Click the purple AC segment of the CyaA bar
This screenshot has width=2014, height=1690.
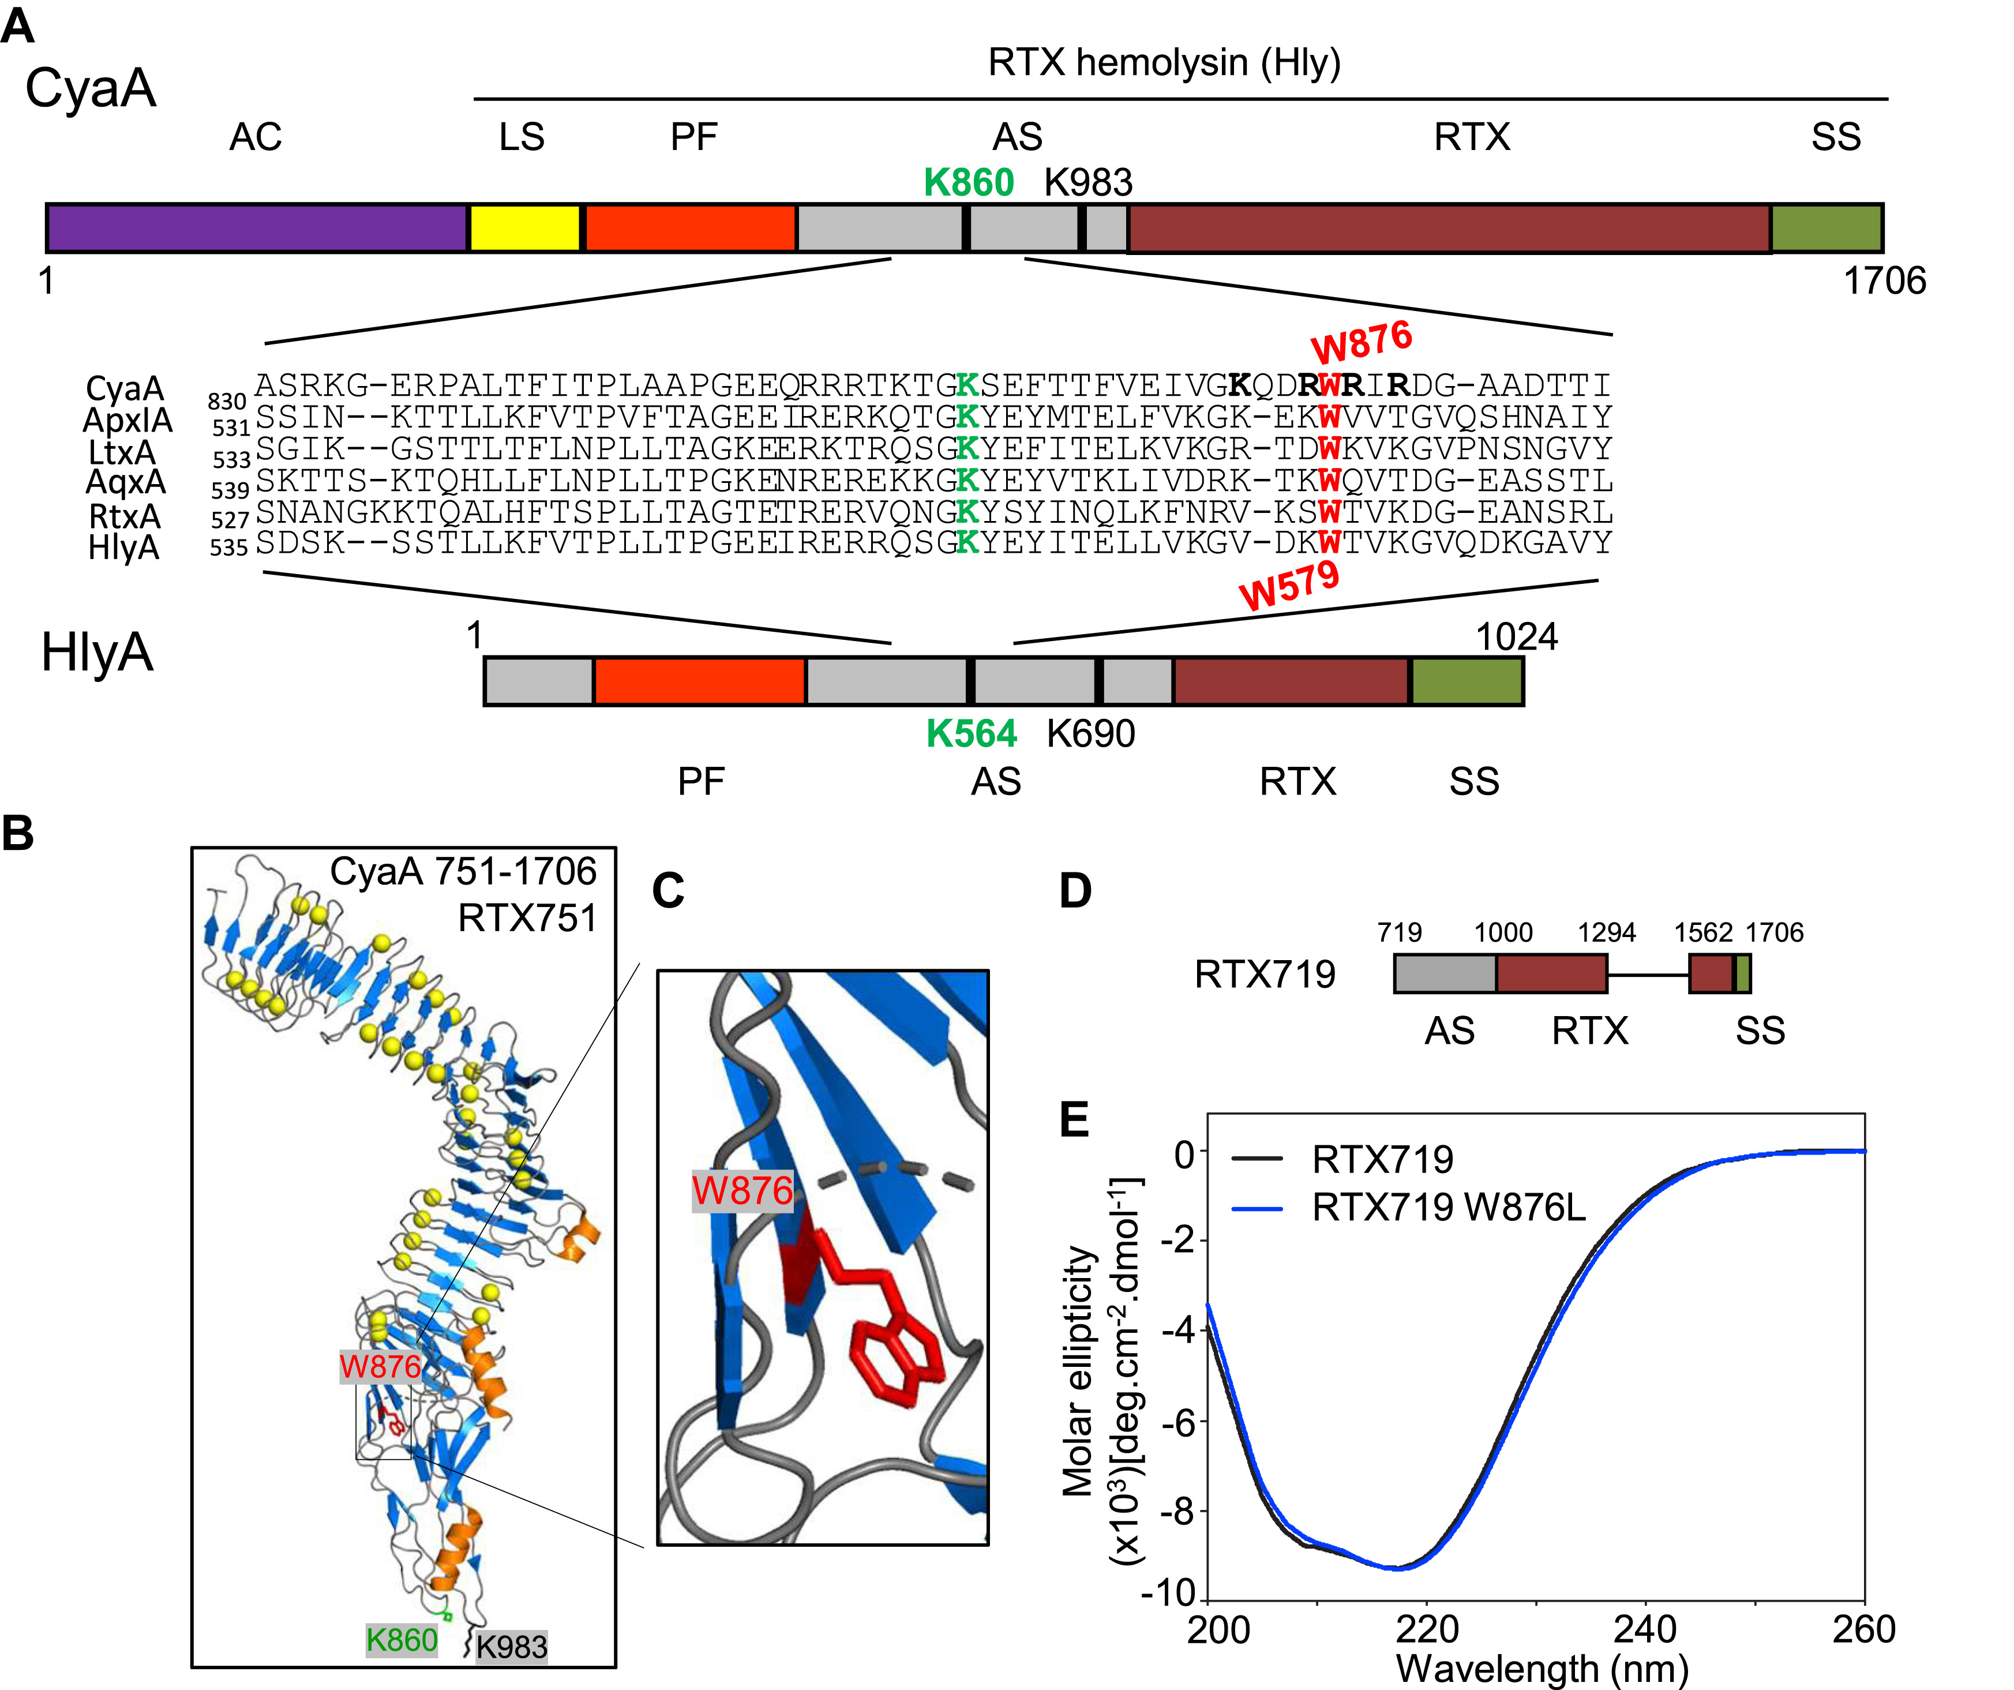pyautogui.click(x=257, y=228)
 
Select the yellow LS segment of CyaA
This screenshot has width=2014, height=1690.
pyautogui.click(x=524, y=228)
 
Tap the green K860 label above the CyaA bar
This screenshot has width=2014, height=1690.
pyautogui.click(x=969, y=182)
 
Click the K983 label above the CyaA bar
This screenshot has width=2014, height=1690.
pyautogui.click(x=1089, y=182)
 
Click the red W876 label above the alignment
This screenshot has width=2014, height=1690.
pyautogui.click(x=1362, y=342)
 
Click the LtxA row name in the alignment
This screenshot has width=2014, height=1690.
pyautogui.click(x=121, y=452)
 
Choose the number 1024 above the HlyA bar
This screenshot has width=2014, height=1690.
pyautogui.click(x=1516, y=637)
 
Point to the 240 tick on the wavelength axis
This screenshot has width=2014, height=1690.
pyautogui.click(x=1646, y=1629)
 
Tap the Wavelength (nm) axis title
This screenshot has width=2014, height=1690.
pyautogui.click(x=1542, y=1669)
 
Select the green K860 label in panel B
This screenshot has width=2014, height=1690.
pyautogui.click(x=402, y=1640)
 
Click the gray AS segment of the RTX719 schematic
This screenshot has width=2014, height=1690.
pyautogui.click(x=1445, y=973)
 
